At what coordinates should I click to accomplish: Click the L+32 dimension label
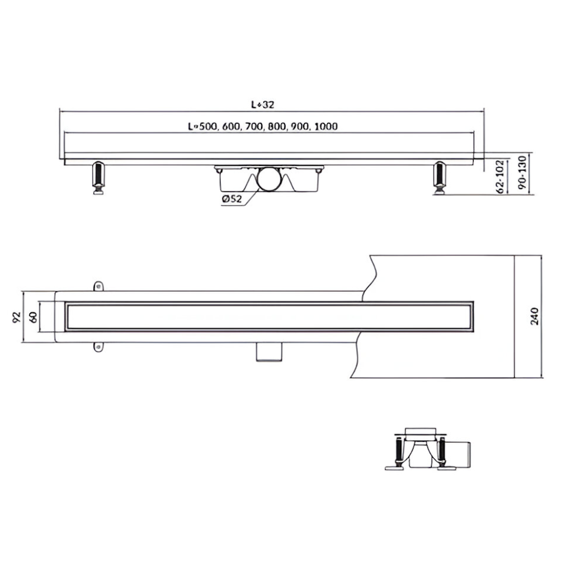coord(263,104)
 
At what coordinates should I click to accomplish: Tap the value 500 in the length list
coord(207,127)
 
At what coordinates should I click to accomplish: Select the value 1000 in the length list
coord(326,127)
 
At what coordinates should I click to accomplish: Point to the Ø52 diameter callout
coord(231,199)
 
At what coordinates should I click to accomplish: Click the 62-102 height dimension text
coord(500,177)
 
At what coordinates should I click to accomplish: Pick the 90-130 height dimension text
coord(522,173)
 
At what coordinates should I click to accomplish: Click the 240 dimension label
coord(535,316)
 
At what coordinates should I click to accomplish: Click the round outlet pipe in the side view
coord(270,179)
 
